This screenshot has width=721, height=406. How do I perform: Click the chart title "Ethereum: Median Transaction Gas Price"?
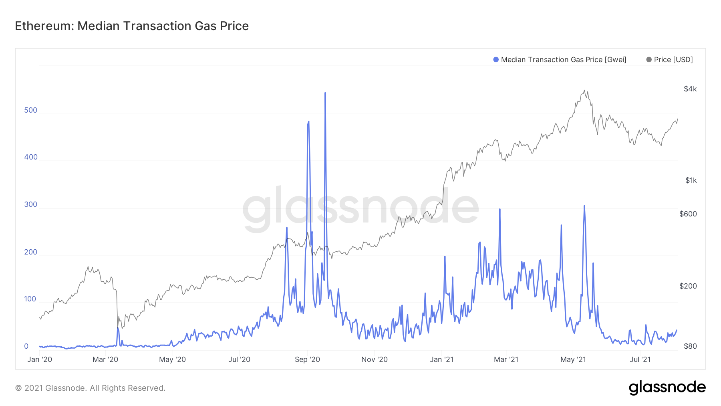[132, 26]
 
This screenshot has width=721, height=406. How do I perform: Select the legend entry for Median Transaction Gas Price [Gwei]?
[560, 60]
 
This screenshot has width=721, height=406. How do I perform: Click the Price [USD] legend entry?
[669, 60]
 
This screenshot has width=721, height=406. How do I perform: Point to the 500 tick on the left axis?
[30, 110]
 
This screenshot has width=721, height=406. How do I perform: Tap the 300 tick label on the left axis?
[30, 204]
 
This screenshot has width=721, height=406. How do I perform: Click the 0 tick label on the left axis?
[26, 346]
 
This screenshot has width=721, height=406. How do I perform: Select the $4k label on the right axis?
[690, 89]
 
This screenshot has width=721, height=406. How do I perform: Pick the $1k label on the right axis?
[691, 180]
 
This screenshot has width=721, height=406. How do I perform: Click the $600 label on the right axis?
[688, 214]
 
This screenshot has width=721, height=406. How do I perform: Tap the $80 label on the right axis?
[690, 346]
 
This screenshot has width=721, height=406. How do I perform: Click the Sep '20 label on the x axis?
[307, 360]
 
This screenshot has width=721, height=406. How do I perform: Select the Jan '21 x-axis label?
[441, 360]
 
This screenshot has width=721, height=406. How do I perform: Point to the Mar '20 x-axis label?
[105, 360]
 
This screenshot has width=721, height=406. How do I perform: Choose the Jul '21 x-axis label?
[640, 360]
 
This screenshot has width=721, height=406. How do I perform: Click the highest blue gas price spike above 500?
[325, 93]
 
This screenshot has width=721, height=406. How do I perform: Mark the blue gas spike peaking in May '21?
[584, 207]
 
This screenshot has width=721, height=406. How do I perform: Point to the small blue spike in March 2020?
[118, 329]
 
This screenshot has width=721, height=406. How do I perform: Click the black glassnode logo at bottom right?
[667, 388]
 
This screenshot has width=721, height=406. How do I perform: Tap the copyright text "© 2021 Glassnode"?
[90, 388]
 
